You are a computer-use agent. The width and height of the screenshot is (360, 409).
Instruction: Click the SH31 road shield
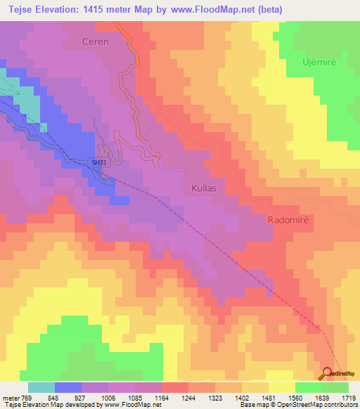click(98, 162)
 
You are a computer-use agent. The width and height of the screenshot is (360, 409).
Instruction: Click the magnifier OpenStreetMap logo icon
click(327, 373)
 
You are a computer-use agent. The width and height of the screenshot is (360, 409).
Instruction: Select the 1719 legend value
click(349, 397)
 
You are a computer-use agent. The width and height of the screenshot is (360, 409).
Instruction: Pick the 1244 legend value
click(188, 397)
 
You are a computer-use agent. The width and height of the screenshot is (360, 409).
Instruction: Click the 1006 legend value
click(108, 397)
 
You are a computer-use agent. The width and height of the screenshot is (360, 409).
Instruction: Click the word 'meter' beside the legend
click(10, 397)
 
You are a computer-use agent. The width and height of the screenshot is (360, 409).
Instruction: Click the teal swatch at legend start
click(41, 387)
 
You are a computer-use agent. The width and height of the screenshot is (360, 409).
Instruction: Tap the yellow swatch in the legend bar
click(282, 387)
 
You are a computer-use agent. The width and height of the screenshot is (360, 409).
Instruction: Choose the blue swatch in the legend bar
click(68, 387)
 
